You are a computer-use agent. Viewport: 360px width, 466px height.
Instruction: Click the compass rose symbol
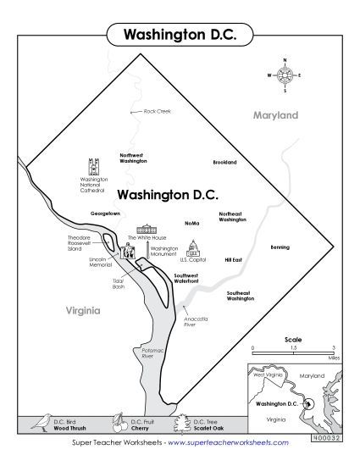tap(285, 75)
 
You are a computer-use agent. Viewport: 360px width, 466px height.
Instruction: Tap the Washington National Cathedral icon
tap(94, 165)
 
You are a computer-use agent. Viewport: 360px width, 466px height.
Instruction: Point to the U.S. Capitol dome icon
tap(193, 247)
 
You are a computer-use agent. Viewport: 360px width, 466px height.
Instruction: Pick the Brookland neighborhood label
tap(224, 162)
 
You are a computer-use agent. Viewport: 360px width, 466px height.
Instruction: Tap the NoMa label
tap(191, 223)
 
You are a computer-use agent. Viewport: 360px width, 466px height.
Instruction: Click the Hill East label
tap(233, 259)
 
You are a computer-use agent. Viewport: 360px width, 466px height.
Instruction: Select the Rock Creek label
tap(157, 111)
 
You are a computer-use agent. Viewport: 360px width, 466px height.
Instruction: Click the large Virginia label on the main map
tap(84, 311)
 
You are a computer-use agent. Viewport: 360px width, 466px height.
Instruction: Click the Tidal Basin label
tap(119, 285)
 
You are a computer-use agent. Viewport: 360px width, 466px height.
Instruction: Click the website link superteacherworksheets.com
tap(228, 442)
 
